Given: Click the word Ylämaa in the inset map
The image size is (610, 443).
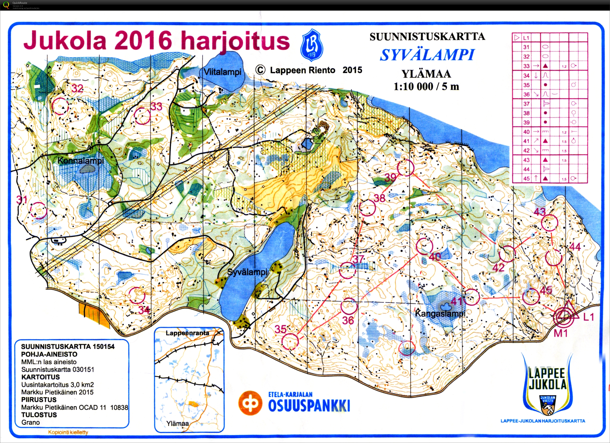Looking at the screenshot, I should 177,423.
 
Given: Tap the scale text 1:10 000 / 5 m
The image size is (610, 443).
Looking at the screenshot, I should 426,87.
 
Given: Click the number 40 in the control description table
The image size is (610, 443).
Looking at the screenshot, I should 526,132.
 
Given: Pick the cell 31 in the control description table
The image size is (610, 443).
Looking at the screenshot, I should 526,47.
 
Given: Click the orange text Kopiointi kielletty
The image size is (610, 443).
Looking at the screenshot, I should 68,432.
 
